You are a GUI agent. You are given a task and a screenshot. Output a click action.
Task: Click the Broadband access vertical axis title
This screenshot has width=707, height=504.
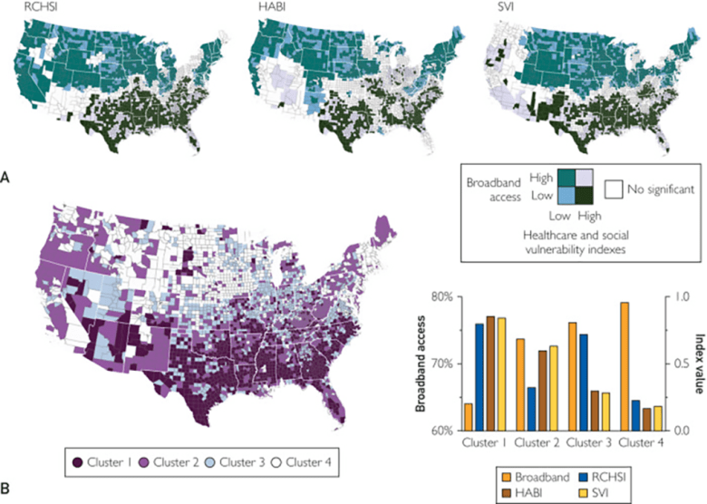(422, 363)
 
